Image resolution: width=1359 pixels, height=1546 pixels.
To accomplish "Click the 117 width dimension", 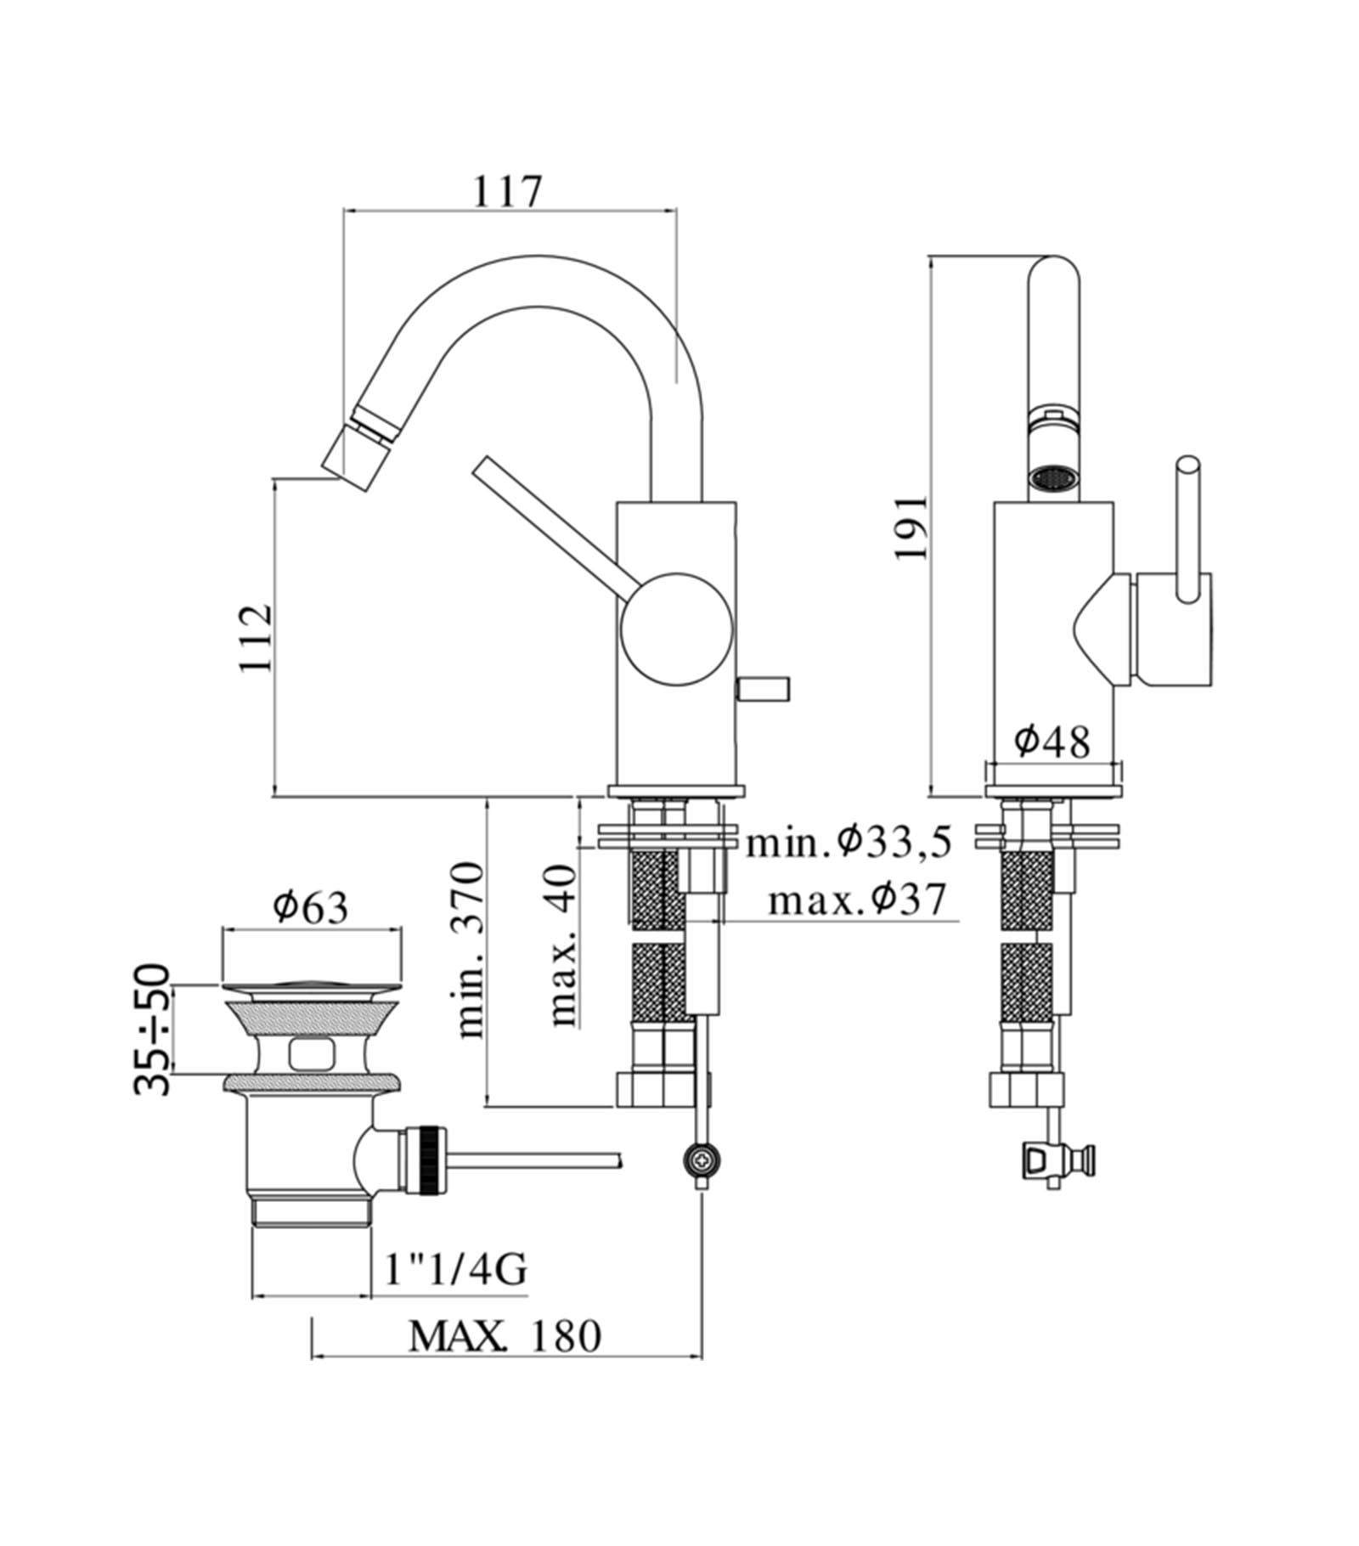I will (507, 192).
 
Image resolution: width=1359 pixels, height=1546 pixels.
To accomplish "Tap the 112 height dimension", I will (256, 638).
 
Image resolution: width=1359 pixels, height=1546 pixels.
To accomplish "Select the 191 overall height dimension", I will (911, 527).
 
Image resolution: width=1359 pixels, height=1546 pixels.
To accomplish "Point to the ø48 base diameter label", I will (1052, 742).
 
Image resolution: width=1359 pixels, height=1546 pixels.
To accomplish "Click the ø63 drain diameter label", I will (311, 907).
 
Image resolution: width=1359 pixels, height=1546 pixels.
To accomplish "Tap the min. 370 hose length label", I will (470, 950).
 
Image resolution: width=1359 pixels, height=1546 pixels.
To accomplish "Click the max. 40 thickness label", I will (562, 945).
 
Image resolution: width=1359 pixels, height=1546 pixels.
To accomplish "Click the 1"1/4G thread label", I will (455, 1270).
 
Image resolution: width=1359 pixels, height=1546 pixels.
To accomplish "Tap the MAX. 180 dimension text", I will (505, 1335).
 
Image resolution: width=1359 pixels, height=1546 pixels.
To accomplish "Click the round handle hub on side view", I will (676, 629).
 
